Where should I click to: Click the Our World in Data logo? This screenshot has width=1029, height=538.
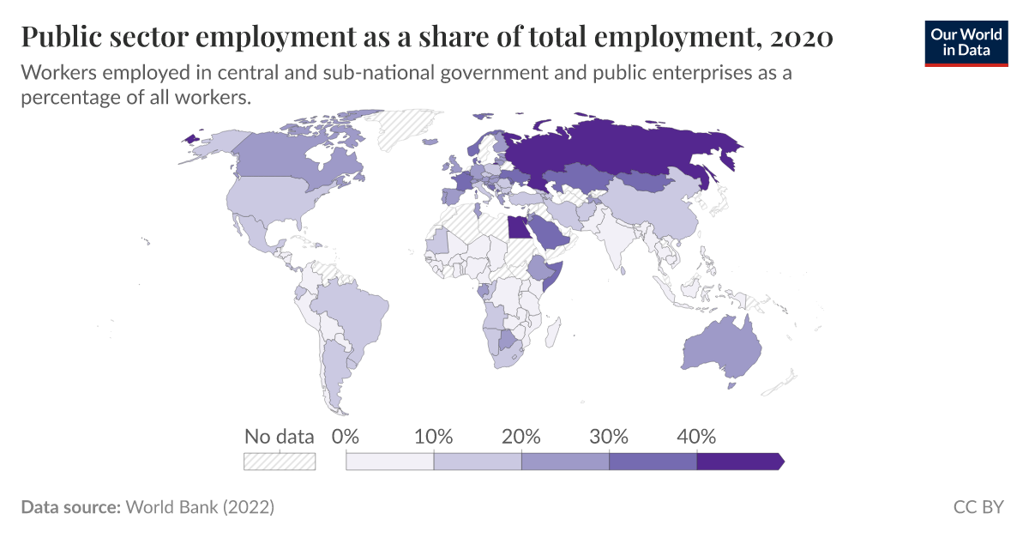click(966, 42)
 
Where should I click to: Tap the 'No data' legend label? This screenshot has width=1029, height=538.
click(279, 436)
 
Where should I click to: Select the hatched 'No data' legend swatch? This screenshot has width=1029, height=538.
click(280, 461)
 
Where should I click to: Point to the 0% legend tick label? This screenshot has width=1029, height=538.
click(345, 436)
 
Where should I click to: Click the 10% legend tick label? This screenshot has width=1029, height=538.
click(433, 436)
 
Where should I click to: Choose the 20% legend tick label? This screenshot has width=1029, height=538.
click(521, 436)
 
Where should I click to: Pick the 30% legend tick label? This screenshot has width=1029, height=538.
click(609, 436)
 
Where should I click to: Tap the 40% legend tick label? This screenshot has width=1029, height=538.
click(696, 436)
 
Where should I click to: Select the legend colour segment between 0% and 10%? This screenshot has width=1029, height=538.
click(389, 462)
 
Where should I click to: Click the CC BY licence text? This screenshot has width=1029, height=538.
click(978, 507)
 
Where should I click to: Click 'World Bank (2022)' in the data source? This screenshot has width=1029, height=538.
click(200, 507)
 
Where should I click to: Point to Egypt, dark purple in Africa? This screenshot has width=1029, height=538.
click(518, 227)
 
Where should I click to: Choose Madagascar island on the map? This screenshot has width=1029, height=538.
click(553, 330)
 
